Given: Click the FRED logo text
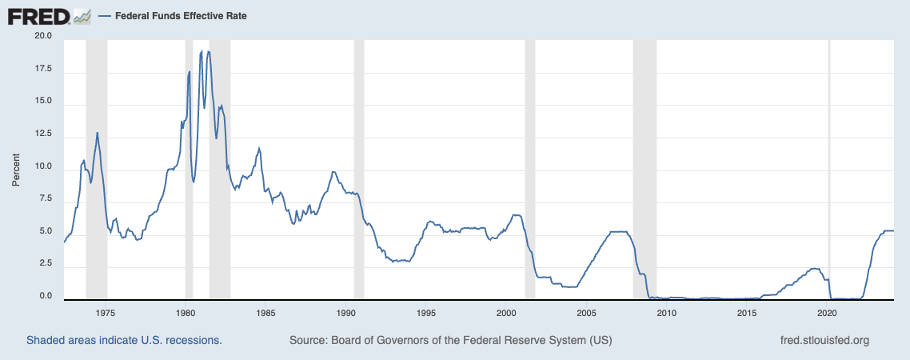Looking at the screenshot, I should click(x=38, y=16).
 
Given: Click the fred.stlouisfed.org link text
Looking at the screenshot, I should click(x=824, y=341).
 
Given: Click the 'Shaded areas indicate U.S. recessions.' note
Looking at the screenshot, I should click(x=124, y=341).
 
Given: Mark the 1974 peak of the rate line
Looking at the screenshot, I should click(x=98, y=133).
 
